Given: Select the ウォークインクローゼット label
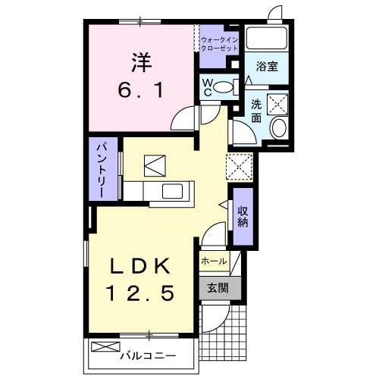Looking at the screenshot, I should pyautogui.click(x=220, y=44).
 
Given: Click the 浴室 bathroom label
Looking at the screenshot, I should pyautogui.click(x=266, y=67).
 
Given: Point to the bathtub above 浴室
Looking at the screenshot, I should pyautogui.click(x=266, y=39).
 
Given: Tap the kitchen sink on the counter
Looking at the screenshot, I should pyautogui.click(x=171, y=191).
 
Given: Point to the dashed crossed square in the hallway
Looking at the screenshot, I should pyautogui.click(x=240, y=164).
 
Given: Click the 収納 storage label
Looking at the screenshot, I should pyautogui.click(x=243, y=216).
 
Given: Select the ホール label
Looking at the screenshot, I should pyautogui.click(x=214, y=262).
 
